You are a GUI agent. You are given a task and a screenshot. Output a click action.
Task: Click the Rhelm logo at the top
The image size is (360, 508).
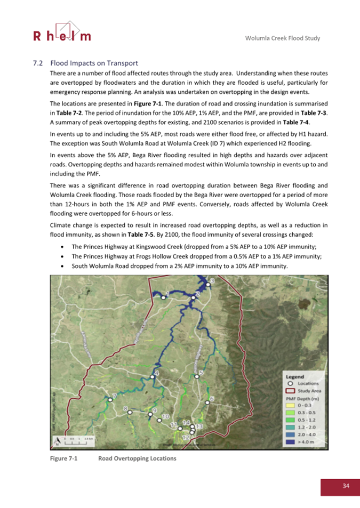[x=62, y=32]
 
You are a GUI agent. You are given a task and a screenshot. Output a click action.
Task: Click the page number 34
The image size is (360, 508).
[x=346, y=486]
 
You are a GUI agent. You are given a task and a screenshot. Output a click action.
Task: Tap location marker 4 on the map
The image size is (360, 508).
[x=153, y=376]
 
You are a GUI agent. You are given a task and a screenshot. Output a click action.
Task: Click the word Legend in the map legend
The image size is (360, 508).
[x=296, y=376]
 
